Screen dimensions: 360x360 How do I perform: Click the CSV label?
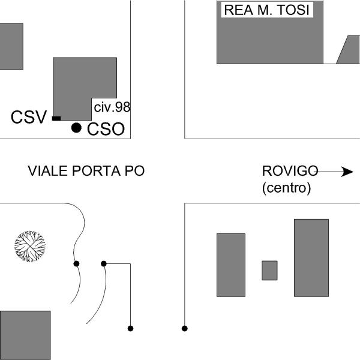(29, 117)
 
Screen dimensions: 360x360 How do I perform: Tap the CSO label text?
(106, 129)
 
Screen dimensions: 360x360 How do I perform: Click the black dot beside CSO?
(76, 128)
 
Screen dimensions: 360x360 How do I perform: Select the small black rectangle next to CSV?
(56, 118)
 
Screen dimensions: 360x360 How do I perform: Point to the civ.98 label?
(112, 107)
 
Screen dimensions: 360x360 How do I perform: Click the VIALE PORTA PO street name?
(86, 171)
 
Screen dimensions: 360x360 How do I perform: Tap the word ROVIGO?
(290, 171)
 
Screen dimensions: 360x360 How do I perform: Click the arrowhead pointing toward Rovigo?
(347, 172)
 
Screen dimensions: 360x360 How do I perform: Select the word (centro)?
(287, 188)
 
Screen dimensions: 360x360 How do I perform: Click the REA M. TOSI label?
(267, 10)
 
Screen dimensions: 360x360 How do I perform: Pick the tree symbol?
(30, 247)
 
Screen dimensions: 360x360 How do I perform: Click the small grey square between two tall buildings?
(269, 271)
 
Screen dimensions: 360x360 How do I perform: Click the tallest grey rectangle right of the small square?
(311, 258)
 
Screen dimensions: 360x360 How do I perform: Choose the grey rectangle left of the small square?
(231, 265)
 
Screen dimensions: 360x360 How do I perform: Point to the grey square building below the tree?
(25, 335)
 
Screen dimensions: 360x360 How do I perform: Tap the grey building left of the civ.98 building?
(11, 47)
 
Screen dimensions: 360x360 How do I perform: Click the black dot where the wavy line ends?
(76, 264)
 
